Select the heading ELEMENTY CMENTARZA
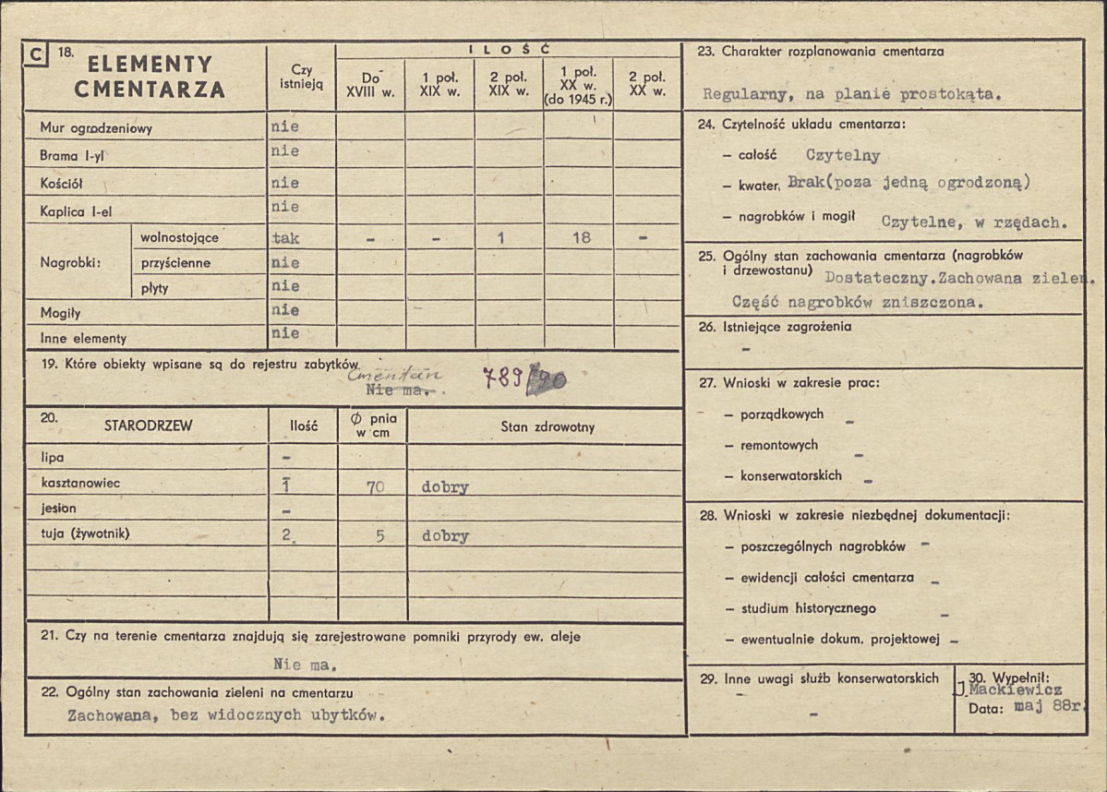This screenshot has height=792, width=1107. point(150,77)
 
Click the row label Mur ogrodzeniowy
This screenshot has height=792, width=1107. point(96,128)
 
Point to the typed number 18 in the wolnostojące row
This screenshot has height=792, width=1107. point(581,237)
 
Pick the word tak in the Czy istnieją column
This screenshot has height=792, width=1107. point(286,237)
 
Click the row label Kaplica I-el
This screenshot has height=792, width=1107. point(76,211)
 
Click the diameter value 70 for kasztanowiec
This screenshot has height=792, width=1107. point(375,487)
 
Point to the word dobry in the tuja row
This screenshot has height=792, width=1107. point(445,535)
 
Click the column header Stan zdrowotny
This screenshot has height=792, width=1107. point(547,427)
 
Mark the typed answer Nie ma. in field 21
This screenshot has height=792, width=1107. point(305,664)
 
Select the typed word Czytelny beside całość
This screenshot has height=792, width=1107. point(842,156)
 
